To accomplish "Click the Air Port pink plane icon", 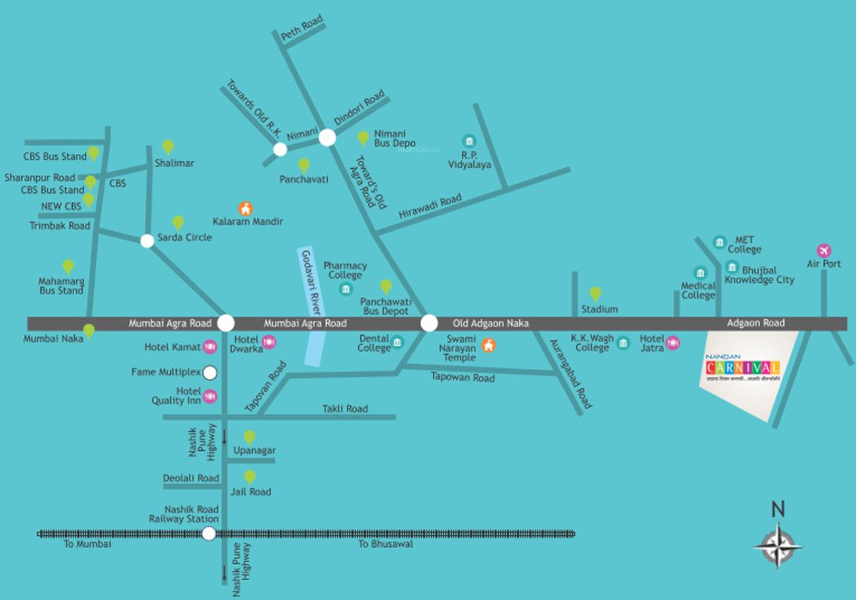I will pyautogui.click(x=824, y=250).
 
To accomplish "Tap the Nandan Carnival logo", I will pyautogui.click(x=742, y=367).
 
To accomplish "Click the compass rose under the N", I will pyautogui.click(x=778, y=546).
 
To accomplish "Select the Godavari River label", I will pyautogui.click(x=312, y=282).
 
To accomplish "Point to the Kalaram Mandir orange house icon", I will pyautogui.click(x=245, y=208).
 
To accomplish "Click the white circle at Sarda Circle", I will pyautogui.click(x=147, y=241).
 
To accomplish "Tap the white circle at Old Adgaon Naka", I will pyautogui.click(x=429, y=323).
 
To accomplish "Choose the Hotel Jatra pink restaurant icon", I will pyautogui.click(x=672, y=343).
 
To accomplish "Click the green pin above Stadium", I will pyautogui.click(x=595, y=293).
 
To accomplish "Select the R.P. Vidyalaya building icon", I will pyautogui.click(x=468, y=141).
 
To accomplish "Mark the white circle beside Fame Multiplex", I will pyautogui.click(x=210, y=372).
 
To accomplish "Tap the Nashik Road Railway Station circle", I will pyautogui.click(x=209, y=534).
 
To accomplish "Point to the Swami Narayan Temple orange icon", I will pyautogui.click(x=488, y=346).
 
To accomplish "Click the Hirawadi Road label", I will pyautogui.click(x=430, y=206).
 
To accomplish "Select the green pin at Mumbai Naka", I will pyautogui.click(x=89, y=331).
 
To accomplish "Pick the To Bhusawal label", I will pyautogui.click(x=385, y=544).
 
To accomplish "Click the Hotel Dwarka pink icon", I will pyautogui.click(x=268, y=343).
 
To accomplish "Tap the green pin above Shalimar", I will pyautogui.click(x=168, y=146).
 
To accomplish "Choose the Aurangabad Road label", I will pyautogui.click(x=571, y=377).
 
